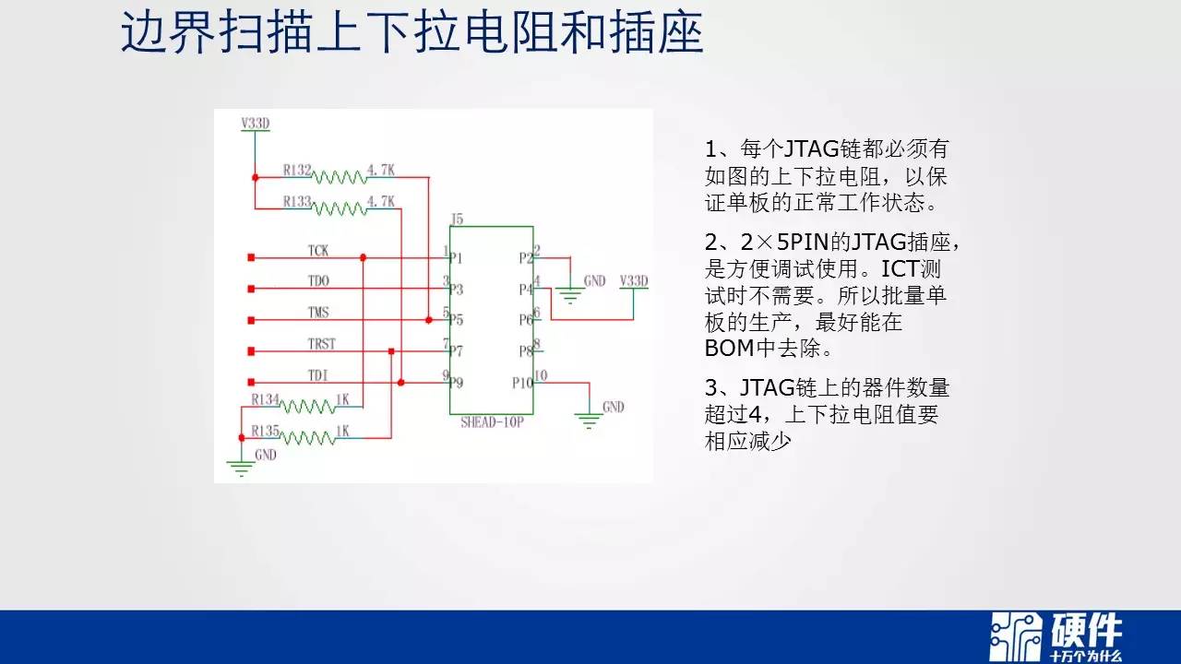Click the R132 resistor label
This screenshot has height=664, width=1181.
click(297, 171)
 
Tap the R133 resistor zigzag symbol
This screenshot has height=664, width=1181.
click(340, 209)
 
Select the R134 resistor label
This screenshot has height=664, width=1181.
click(265, 399)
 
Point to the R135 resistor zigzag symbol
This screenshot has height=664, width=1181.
click(307, 438)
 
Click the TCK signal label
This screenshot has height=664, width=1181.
click(318, 250)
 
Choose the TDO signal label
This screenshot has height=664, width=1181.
click(318, 281)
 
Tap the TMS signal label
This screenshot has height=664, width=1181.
click(318, 313)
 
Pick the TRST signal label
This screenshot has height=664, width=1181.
click(322, 344)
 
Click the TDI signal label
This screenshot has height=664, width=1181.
click(318, 375)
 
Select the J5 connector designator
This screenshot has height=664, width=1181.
click(457, 219)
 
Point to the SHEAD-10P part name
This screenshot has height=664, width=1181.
click(492, 422)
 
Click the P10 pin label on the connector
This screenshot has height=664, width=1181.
click(522, 383)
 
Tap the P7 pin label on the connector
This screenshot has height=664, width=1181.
click(456, 351)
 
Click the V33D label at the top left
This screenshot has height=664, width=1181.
click(256, 124)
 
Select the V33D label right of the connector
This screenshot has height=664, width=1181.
click(634, 281)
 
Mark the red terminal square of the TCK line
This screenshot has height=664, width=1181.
click(252, 257)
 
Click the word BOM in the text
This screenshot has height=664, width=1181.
click(729, 349)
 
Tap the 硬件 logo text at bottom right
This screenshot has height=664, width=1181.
click(1087, 630)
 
